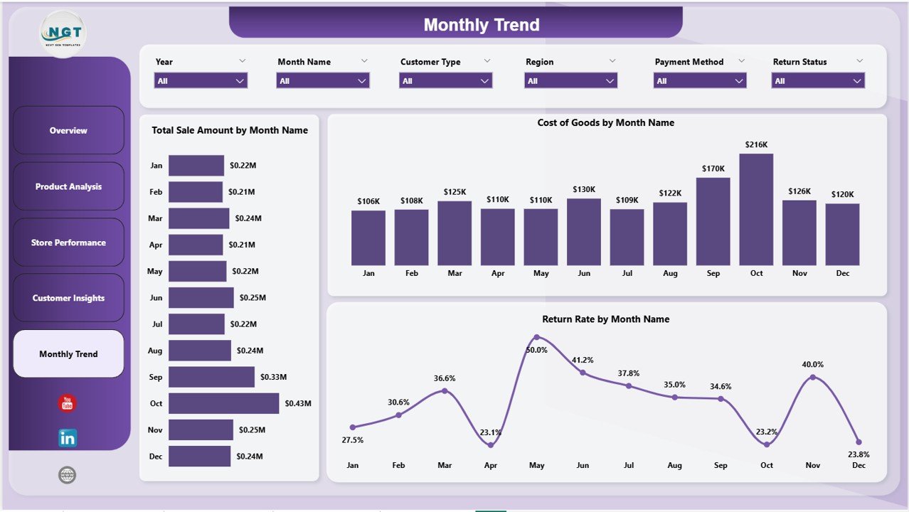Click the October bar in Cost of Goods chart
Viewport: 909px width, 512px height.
[x=756, y=210]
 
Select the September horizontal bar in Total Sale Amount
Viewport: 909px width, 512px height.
[x=211, y=377]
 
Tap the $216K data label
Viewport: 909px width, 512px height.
[x=756, y=144]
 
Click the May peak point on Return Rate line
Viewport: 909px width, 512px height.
[x=537, y=337]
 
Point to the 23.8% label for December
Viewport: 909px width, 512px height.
[x=859, y=454]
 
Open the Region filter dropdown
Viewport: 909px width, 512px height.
[x=570, y=81]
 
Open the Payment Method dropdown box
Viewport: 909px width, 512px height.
[x=699, y=81]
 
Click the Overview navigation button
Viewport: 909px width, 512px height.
[x=68, y=130]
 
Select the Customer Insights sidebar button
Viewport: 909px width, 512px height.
[x=68, y=298]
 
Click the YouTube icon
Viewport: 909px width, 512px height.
[x=67, y=403]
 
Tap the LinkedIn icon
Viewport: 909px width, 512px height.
[x=67, y=438]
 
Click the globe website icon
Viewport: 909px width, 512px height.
[x=67, y=475]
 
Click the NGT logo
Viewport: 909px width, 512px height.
[x=64, y=33]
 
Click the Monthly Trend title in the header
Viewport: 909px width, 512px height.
[x=482, y=25]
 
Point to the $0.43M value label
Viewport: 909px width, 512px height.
[x=298, y=403]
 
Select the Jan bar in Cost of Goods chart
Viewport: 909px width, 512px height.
[x=368, y=238]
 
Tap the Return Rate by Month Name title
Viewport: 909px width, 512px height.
[x=605, y=319]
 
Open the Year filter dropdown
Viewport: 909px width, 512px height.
[x=201, y=81]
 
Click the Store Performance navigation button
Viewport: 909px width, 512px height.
[x=68, y=242]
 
